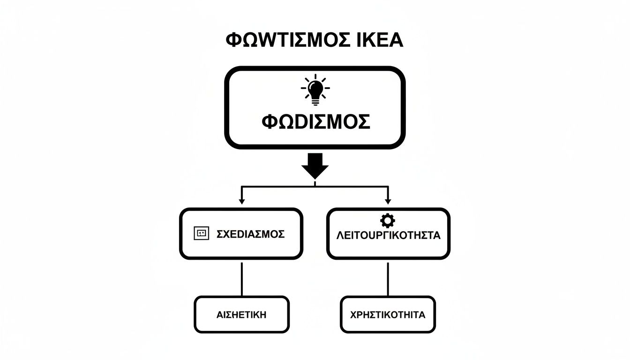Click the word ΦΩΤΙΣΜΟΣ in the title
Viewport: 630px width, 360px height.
point(286,40)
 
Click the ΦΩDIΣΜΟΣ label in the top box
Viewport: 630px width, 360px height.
point(315,122)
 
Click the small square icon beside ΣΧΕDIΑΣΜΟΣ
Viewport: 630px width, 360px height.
point(201,233)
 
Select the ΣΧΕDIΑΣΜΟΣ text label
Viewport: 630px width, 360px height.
point(251,234)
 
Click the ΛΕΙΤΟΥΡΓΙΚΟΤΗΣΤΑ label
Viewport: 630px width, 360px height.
point(388,236)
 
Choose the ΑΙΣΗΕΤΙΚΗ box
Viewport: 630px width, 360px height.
point(241,314)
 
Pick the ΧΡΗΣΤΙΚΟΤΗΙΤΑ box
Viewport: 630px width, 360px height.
point(388,314)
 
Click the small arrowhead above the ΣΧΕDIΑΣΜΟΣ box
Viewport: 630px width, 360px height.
point(241,201)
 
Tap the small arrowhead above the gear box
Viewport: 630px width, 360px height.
point(388,201)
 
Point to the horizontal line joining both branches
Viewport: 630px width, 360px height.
point(281,187)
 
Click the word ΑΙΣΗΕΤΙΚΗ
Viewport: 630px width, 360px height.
point(241,315)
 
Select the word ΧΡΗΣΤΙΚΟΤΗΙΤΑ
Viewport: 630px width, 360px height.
point(388,315)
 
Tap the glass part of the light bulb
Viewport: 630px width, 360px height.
point(315,87)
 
